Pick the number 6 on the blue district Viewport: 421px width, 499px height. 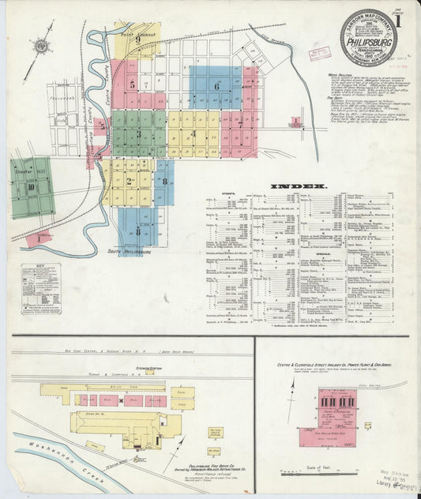point(216,85)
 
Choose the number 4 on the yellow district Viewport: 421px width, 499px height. point(192,133)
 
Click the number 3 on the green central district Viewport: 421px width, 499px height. point(138,133)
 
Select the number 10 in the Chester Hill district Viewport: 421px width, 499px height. point(31,187)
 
